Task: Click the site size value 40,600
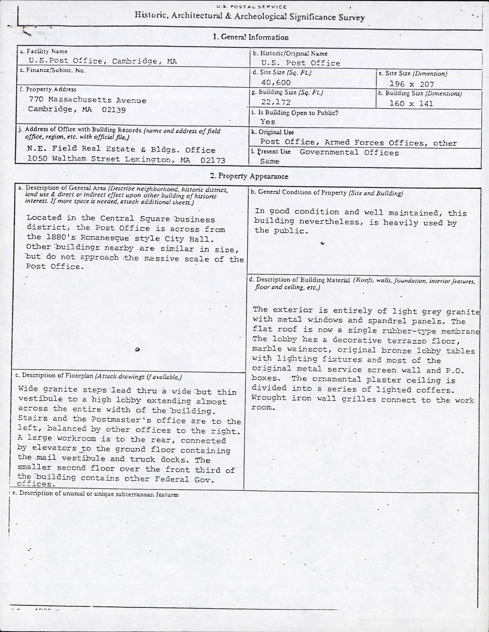click(x=276, y=83)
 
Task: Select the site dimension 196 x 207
click(x=411, y=84)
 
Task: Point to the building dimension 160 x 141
click(x=411, y=103)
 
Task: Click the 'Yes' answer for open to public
click(x=268, y=122)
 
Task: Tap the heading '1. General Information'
click(x=251, y=37)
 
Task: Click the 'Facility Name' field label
click(x=44, y=51)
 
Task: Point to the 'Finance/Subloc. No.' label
click(x=53, y=70)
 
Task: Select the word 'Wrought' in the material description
click(x=269, y=398)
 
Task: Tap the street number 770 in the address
click(x=37, y=100)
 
